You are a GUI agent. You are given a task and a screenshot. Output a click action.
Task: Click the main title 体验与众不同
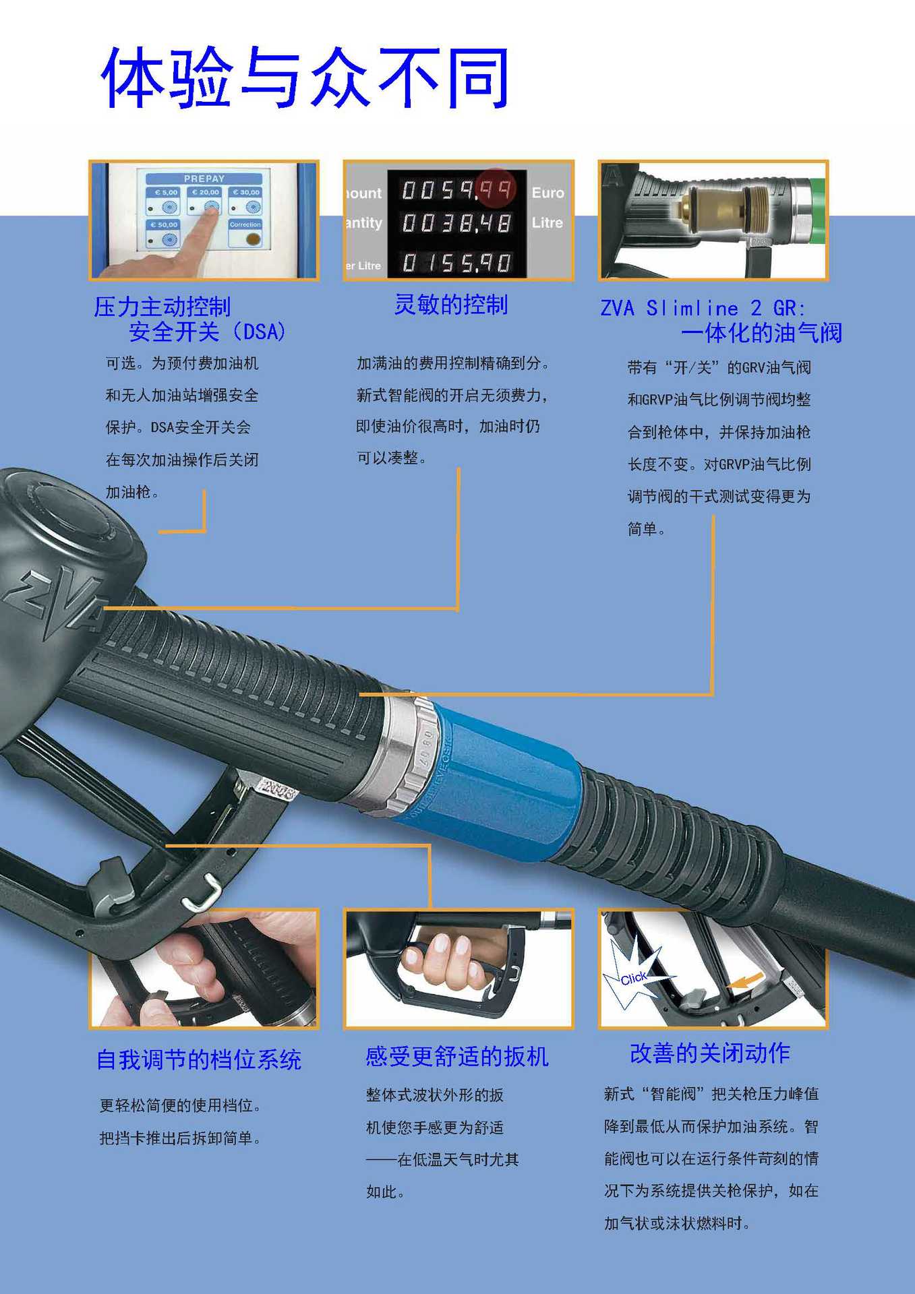[x=305, y=78]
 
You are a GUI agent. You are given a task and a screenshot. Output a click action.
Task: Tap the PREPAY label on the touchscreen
[x=204, y=179]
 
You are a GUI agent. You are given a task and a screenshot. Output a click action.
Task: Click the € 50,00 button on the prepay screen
[x=164, y=233]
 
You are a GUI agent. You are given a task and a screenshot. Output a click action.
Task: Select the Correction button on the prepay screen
[x=245, y=233]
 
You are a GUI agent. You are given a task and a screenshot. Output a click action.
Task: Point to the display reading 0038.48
[x=456, y=223]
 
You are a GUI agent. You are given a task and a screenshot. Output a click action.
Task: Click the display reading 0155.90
[x=456, y=262]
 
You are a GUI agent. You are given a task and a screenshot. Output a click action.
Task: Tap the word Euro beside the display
[x=548, y=193]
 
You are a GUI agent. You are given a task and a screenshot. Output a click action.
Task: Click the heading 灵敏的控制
[x=450, y=305]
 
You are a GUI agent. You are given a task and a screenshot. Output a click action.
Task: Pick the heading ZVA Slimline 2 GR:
[x=703, y=308]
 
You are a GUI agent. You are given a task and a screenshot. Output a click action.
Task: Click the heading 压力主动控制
[x=163, y=307]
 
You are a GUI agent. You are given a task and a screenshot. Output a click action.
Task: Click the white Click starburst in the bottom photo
[x=632, y=977]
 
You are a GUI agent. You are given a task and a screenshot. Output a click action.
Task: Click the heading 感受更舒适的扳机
[x=456, y=1056]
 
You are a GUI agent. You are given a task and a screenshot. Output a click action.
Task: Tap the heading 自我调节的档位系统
[x=199, y=1059]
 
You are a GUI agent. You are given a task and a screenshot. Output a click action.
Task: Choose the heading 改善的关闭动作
[x=709, y=1053]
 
